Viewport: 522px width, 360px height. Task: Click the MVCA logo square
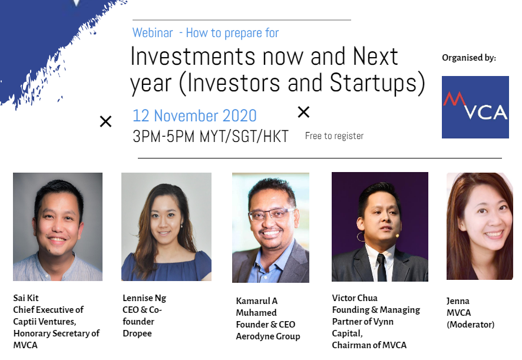475,107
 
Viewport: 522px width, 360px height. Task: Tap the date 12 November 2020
194,116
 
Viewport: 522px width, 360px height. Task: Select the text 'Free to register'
334,136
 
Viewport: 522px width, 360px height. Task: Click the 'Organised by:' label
469,58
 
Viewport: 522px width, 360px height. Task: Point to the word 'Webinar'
153,32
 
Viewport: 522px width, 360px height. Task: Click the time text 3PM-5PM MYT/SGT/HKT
210,136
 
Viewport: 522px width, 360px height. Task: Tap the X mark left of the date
106,121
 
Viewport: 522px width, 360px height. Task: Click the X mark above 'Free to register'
303,112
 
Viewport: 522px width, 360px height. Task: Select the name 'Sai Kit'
26,298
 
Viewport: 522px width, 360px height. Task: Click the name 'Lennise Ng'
144,298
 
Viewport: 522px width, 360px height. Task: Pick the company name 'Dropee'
137,333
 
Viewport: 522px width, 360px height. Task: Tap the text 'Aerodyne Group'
268,336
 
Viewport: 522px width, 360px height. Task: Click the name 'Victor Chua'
355,298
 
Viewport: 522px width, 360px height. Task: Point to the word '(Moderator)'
470,325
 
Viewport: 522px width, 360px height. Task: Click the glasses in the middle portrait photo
272,214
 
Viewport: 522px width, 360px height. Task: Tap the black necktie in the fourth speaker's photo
382,267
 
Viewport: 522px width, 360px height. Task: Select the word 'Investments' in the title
193,56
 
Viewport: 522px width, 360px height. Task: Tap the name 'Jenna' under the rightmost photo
458,301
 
